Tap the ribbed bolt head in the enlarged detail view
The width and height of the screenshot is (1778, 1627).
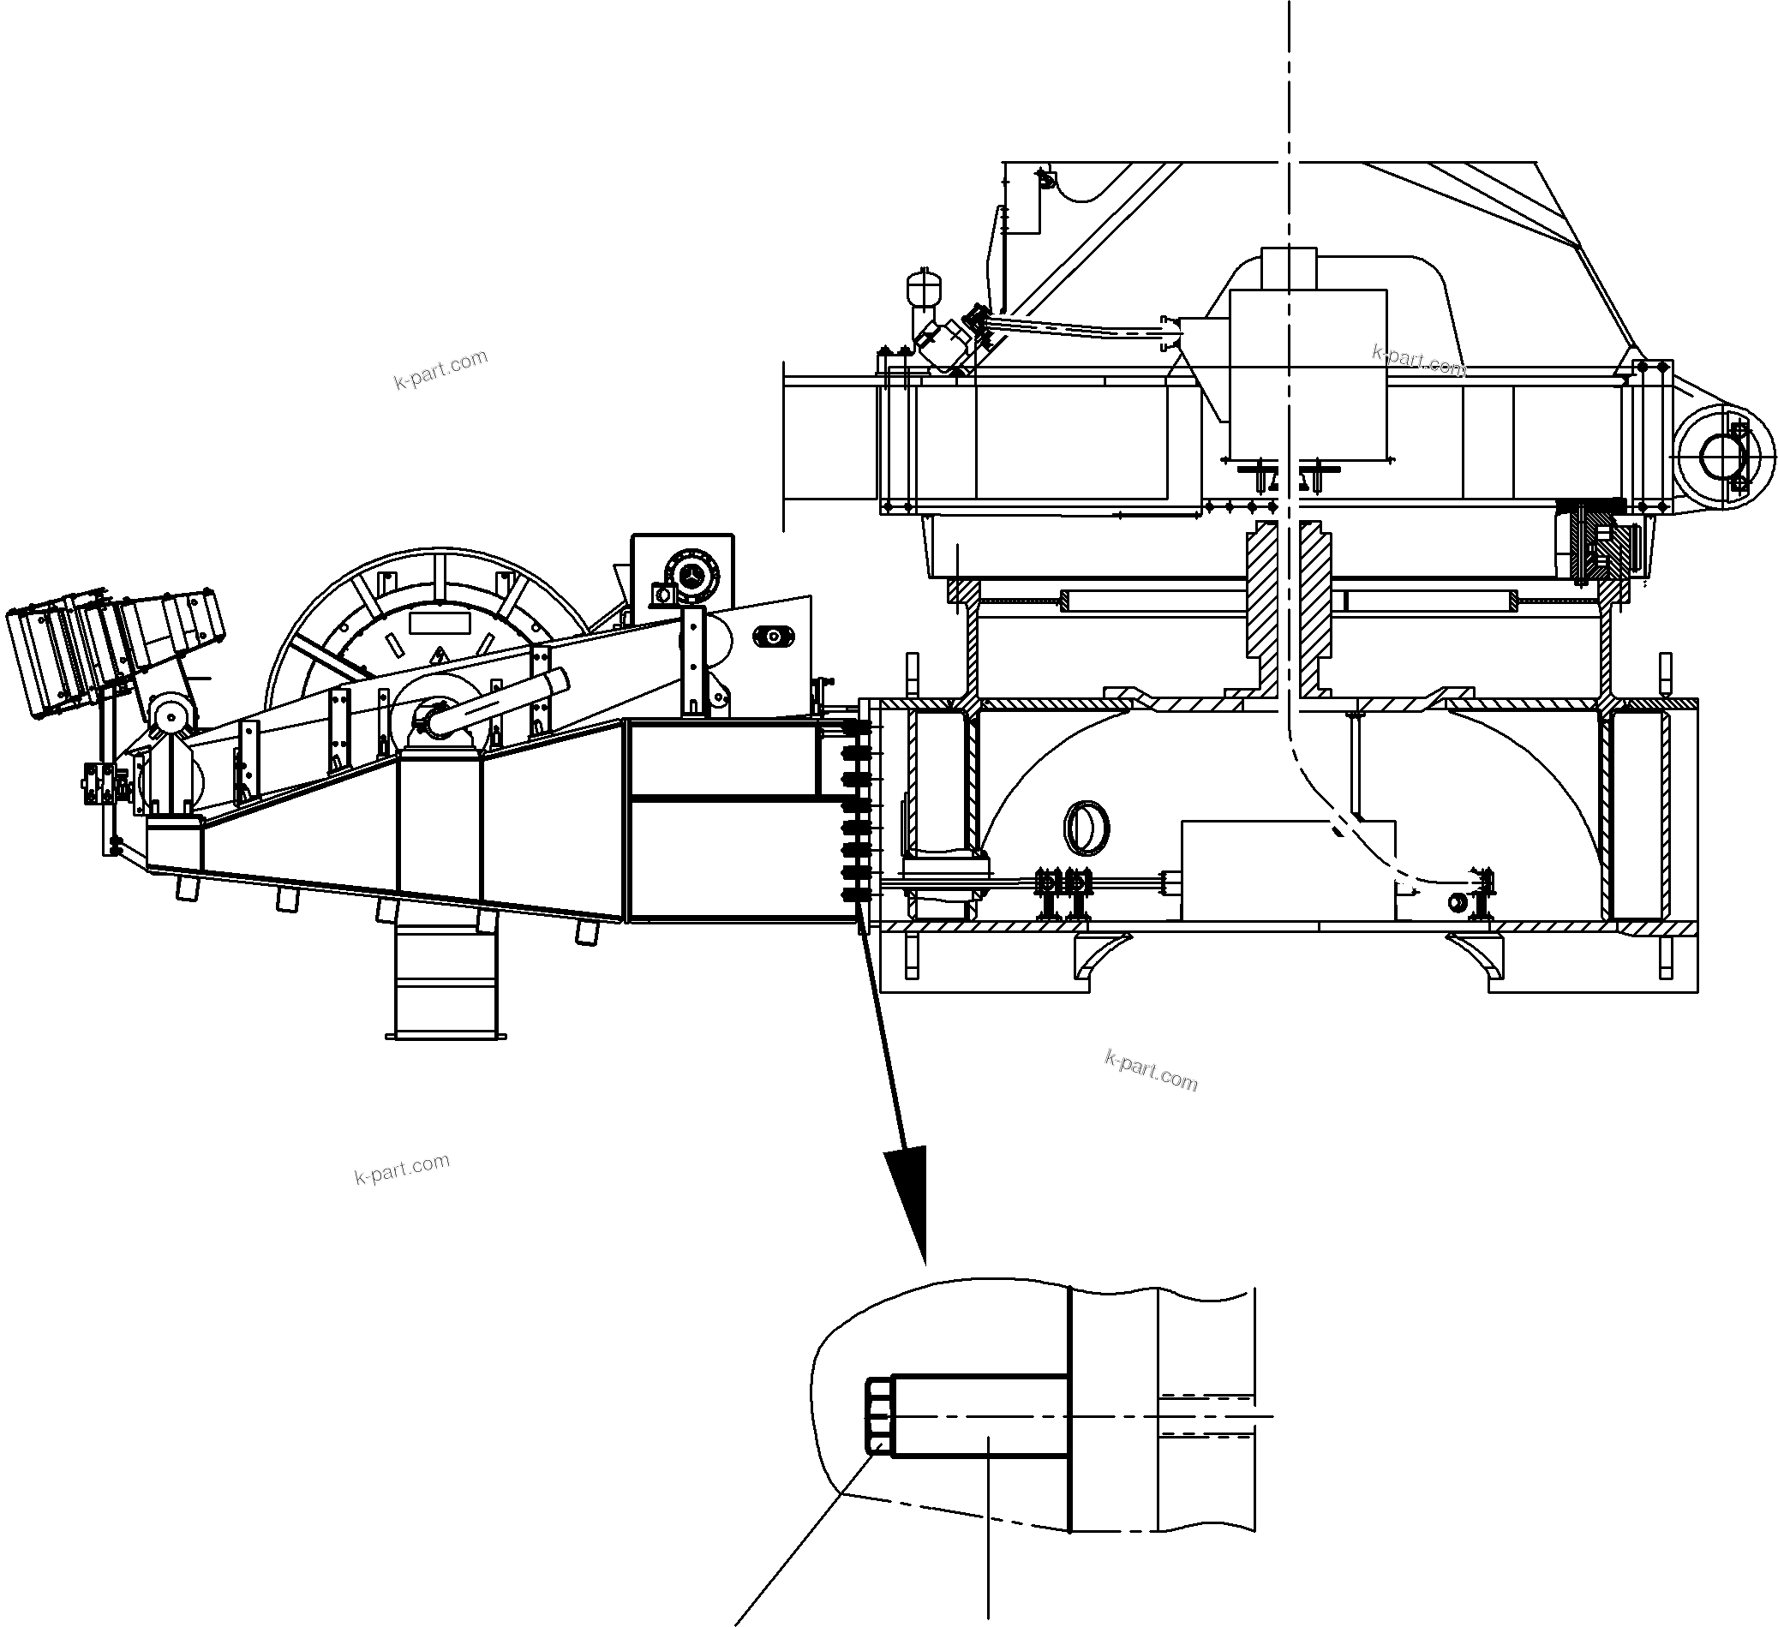[878, 1415]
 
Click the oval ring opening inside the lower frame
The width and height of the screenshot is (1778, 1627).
[1087, 827]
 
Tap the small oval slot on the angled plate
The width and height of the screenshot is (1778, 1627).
[775, 636]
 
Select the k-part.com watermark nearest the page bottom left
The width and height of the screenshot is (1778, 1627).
[401, 1169]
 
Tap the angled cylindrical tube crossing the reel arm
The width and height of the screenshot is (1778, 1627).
[499, 702]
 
